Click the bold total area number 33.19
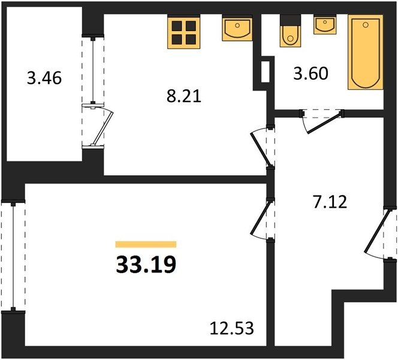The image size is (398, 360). tap(146, 264)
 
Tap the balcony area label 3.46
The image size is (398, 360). tap(44, 78)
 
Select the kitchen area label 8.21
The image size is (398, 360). tap(184, 96)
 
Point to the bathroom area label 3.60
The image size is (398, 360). tap(310, 74)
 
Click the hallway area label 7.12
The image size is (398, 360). tap(330, 202)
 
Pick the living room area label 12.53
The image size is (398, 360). tap(232, 328)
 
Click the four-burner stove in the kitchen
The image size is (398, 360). tap(184, 32)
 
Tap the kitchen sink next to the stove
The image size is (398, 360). tap(237, 28)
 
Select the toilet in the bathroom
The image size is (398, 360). tap(290, 31)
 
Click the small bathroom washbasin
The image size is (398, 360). tap(325, 25)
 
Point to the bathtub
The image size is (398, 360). tap(366, 52)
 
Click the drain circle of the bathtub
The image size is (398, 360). tap(366, 25)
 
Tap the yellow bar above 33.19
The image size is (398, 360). tap(146, 244)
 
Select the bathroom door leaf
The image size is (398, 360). tap(324, 124)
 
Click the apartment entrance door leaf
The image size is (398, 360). tap(376, 231)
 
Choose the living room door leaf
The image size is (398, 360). tap(260, 217)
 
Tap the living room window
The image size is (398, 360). tap(13, 256)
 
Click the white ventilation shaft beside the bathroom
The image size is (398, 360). tap(266, 71)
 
